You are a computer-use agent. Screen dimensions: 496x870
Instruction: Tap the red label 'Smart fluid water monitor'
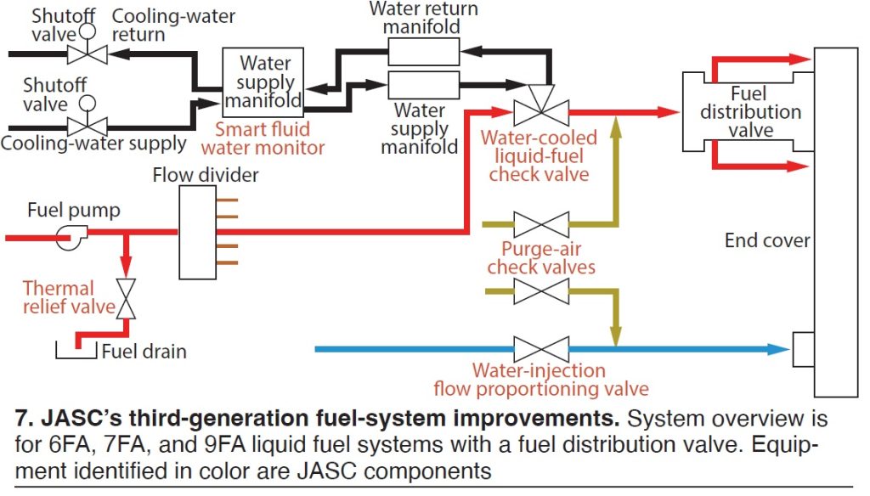tap(269, 138)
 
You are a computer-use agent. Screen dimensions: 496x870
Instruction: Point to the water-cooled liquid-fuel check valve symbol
tap(541, 111)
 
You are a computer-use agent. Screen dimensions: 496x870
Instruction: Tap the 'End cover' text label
tap(767, 240)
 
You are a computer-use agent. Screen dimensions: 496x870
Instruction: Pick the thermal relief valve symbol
tap(127, 299)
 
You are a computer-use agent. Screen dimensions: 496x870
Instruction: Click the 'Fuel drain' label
tap(144, 351)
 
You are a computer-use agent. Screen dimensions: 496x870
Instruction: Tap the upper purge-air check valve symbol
tap(541, 225)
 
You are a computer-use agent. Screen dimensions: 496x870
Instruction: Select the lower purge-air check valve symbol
tap(541, 291)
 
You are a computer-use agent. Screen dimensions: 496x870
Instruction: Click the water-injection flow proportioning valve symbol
tap(541, 348)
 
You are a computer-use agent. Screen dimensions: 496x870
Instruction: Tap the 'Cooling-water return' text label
tap(172, 25)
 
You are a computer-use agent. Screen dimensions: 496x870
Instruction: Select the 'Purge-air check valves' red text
tap(547, 256)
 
